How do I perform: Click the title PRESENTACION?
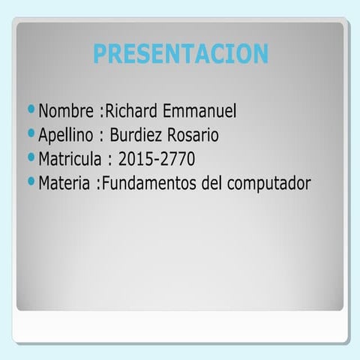coord(180,53)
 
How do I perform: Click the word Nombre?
coord(66,112)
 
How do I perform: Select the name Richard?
coord(131,112)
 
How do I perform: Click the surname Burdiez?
coord(137,136)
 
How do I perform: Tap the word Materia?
coord(65,182)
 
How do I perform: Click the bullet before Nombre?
coord(31,111)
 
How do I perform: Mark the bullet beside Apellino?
coord(31,134)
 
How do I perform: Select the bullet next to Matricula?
coord(31,157)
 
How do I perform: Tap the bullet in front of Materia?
coord(31,181)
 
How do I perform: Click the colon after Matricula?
coord(109,160)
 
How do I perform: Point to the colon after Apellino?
coord(100,137)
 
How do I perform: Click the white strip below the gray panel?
coord(180,326)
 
